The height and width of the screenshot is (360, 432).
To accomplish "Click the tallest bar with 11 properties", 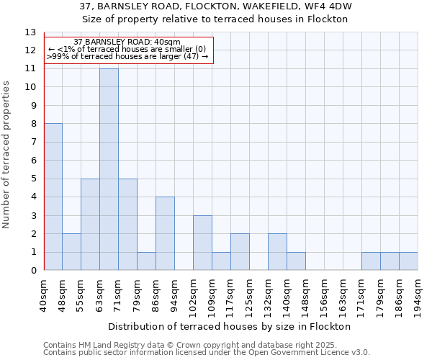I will (109, 169).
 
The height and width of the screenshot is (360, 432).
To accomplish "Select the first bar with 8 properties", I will (53, 197).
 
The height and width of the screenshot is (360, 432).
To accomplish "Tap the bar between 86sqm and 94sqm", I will (165, 233).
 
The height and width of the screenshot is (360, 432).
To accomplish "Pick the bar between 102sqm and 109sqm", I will (202, 243).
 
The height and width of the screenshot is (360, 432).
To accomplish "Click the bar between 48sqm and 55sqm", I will (71, 252).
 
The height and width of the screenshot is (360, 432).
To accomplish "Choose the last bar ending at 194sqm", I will (408, 261).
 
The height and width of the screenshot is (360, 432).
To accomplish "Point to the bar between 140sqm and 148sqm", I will (296, 261).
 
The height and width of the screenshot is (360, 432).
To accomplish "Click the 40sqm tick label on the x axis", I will (44, 292).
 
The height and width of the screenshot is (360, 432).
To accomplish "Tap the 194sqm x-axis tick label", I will (418, 295).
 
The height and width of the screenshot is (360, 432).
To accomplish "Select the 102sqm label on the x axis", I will (194, 295).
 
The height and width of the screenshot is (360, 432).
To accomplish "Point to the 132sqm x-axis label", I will (269, 295).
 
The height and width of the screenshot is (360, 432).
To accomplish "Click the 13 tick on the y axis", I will (30, 32).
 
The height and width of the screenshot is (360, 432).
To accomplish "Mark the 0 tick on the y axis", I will (33, 271).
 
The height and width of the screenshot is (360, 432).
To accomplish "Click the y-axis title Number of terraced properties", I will (7, 154).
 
